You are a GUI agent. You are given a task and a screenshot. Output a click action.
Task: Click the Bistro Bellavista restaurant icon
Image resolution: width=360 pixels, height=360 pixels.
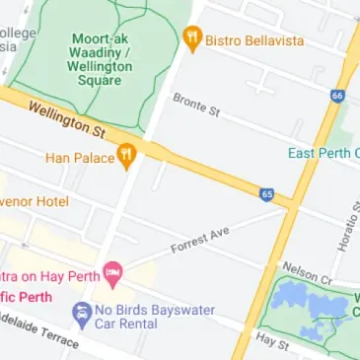tap(193, 38)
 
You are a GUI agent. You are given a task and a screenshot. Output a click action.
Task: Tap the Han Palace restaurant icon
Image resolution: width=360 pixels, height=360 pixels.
tap(125, 156)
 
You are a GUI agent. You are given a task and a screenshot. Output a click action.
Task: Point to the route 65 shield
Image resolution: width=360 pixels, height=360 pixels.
tap(267, 195)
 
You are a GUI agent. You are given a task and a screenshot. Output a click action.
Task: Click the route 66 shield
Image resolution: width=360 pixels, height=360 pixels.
tap(337, 96)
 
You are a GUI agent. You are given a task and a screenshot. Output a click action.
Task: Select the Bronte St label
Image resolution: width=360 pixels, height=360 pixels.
tap(195, 105)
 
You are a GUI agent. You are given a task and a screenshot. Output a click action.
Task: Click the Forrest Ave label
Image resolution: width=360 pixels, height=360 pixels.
tap(199, 238)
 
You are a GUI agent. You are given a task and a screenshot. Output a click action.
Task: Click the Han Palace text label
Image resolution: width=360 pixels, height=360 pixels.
tap(79, 157)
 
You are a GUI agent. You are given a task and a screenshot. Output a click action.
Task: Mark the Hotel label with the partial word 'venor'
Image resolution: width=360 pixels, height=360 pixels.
tap(34, 201)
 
